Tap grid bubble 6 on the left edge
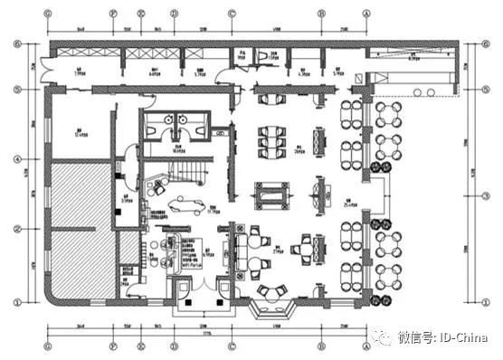click(x=15, y=43)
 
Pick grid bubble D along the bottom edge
click(x=173, y=345)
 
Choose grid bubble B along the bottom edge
click(x=321, y=345)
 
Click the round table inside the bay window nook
click(x=272, y=290)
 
